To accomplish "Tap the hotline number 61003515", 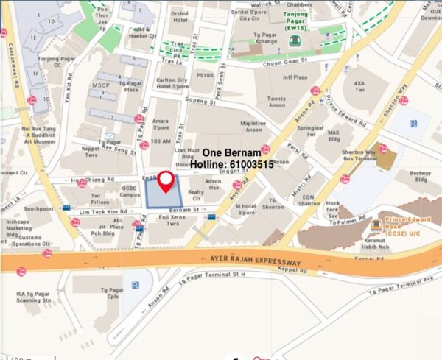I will [232, 165].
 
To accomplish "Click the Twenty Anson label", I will [276, 103].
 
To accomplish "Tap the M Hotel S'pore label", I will [245, 211].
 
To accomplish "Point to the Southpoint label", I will [39, 209].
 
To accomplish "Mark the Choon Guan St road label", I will [281, 63].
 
